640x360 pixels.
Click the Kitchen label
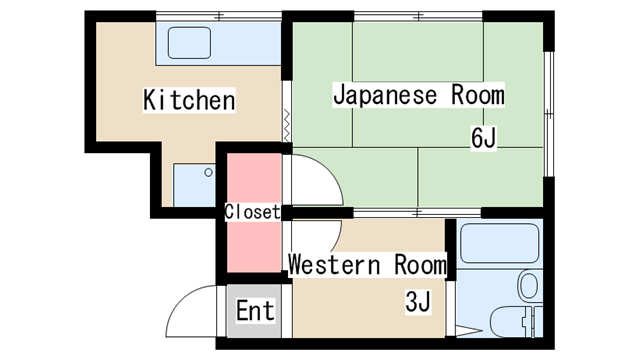click(x=189, y=100)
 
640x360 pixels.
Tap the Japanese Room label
click(x=418, y=95)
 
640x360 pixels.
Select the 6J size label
click(x=484, y=138)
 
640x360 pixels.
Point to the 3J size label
click(x=418, y=302)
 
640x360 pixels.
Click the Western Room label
click(x=367, y=264)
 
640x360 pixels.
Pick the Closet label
click(x=253, y=212)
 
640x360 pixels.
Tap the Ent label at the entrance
click(x=256, y=310)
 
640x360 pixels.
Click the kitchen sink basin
click(x=189, y=43)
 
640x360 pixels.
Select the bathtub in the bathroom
click(x=500, y=244)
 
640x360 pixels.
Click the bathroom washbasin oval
click(x=529, y=285)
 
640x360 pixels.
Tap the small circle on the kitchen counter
click(x=208, y=172)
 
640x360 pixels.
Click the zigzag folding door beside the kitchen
click(x=287, y=125)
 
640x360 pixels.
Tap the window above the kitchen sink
click(x=219, y=16)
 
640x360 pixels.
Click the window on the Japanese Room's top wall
click(x=418, y=16)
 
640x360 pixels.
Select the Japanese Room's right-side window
click(x=549, y=114)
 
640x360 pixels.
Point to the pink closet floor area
click(x=254, y=212)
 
